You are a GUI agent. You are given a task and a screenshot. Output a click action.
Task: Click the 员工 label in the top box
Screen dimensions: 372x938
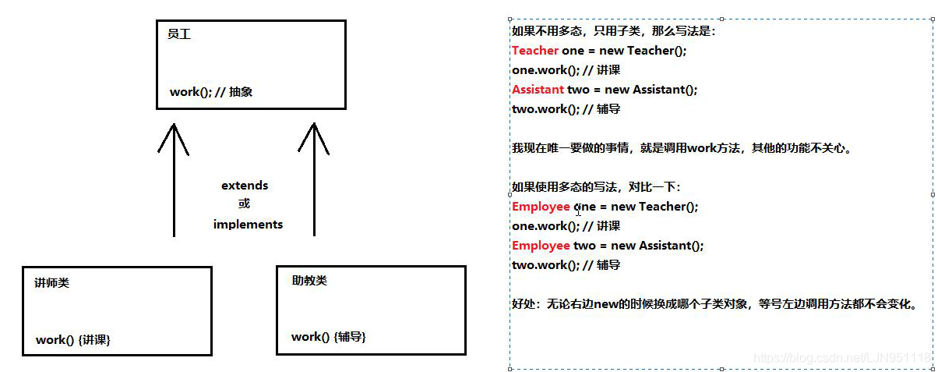tap(178, 35)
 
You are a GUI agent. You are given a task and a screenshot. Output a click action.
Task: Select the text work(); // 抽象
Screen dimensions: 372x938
tap(211, 92)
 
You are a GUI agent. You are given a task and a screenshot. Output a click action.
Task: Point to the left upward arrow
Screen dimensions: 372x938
tap(174, 179)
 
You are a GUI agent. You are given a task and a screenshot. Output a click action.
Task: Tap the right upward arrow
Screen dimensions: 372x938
tap(314, 179)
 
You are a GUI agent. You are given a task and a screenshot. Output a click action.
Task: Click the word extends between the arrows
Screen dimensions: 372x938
tap(245, 186)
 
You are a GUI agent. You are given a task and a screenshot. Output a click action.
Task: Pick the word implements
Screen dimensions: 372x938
tap(248, 225)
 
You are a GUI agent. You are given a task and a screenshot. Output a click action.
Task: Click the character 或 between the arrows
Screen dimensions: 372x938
tap(245, 204)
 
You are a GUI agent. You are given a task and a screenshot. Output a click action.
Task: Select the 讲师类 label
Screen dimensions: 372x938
tap(52, 283)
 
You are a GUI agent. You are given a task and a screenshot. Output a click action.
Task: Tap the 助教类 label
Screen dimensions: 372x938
tap(309, 281)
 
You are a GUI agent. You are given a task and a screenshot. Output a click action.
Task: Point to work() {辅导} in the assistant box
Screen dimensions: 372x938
tap(329, 337)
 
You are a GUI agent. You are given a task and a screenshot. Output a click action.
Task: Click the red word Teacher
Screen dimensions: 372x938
tap(535, 51)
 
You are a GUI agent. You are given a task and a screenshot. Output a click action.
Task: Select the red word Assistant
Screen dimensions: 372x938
tap(538, 90)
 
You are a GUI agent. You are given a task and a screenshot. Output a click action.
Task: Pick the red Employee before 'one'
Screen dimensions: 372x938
tap(541, 207)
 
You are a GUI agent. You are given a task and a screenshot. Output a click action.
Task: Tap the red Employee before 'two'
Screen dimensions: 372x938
tap(541, 246)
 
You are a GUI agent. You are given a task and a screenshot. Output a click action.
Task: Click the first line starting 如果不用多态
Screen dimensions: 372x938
tap(613, 32)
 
